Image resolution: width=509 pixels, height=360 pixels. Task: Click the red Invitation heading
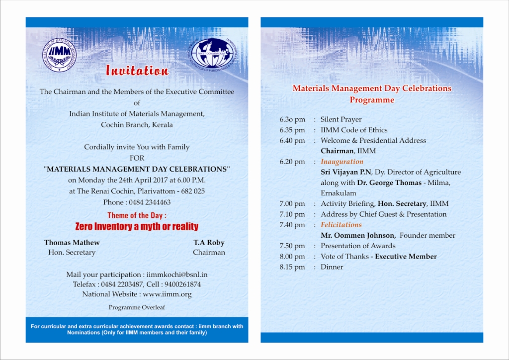[137, 71]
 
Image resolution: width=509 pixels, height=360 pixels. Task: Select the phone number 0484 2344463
[150, 202]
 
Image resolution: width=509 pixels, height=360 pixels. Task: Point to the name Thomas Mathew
[72, 243]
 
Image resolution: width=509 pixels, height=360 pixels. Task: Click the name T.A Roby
[209, 243]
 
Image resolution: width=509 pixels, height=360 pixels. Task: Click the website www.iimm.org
[167, 294]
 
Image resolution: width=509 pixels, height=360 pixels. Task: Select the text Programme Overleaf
[137, 307]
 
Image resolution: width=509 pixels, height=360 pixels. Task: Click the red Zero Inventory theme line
[137, 227]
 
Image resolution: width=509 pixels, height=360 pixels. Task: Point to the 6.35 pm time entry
[292, 130]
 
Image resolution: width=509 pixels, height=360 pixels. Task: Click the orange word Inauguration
[342, 162]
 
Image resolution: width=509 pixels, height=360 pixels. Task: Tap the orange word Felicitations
[341, 225]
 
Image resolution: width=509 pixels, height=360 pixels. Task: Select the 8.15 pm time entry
[292, 267]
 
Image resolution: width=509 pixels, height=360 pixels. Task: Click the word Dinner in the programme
[332, 267]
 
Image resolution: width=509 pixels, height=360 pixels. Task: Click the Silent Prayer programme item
[341, 120]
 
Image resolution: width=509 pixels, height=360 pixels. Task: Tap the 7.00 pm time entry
[292, 204]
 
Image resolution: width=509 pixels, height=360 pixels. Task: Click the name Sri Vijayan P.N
[346, 172]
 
